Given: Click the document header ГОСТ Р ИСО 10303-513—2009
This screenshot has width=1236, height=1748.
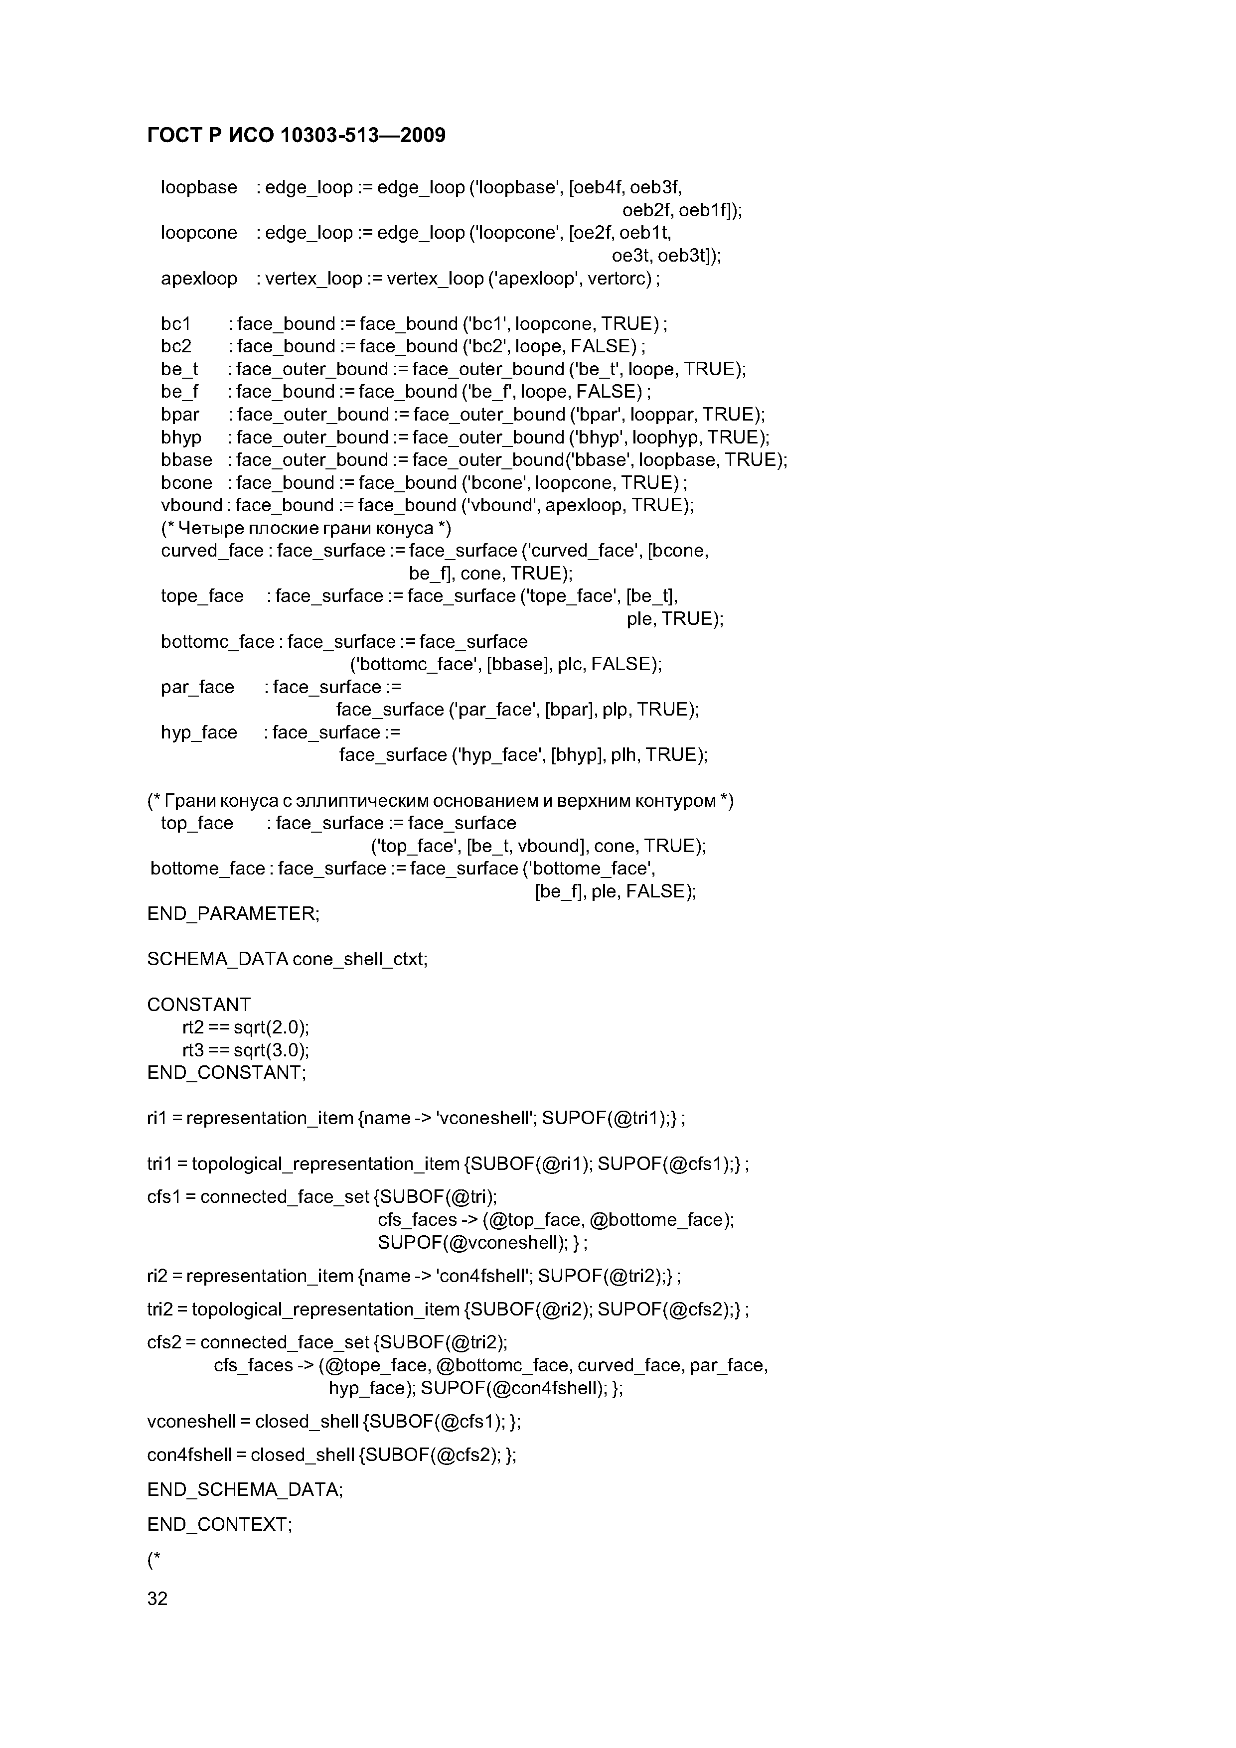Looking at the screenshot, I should (x=296, y=136).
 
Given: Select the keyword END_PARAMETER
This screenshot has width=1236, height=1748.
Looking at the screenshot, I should (x=233, y=913).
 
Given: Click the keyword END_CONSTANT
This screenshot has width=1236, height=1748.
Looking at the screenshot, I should (x=226, y=1073).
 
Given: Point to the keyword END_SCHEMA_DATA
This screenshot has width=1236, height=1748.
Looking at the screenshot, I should (x=244, y=1490).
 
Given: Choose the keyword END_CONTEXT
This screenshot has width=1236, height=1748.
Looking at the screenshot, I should (x=219, y=1525).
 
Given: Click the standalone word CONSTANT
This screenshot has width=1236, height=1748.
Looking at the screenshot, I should (x=199, y=1005).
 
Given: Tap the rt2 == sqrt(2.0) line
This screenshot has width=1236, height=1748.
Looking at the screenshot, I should (x=245, y=1028).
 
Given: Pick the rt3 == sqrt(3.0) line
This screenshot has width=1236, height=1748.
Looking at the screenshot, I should (x=245, y=1050).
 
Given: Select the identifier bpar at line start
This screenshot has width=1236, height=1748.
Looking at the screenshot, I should (x=180, y=415).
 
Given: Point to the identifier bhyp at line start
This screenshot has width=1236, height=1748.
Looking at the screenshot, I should (x=181, y=438).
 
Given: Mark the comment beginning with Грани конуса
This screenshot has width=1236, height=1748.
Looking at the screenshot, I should (x=440, y=801).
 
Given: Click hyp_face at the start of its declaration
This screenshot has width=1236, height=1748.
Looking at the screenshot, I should (x=199, y=732).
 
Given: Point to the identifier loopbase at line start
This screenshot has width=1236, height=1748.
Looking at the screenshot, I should (x=199, y=187).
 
